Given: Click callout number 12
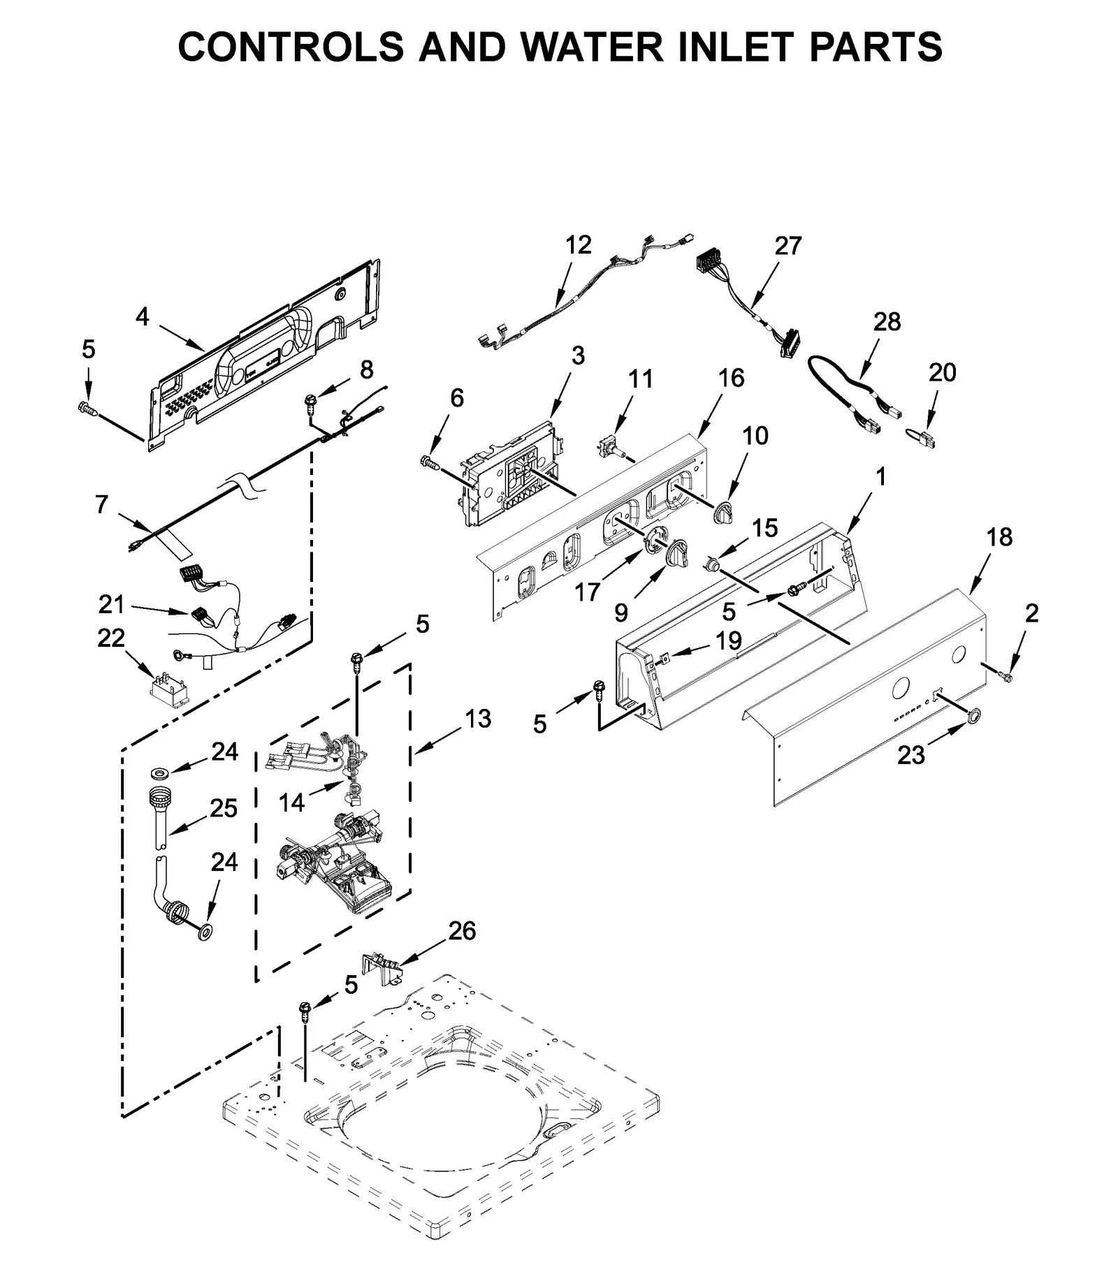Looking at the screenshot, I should coord(578,244).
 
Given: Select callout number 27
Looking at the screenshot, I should coord(788,246).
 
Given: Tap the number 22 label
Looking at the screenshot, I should coord(111,638).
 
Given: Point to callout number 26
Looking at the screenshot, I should coord(462,930).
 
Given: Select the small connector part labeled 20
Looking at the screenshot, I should coord(923,438).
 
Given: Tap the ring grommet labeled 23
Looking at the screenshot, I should coord(972,715).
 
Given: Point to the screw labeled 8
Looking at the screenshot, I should coord(310,401).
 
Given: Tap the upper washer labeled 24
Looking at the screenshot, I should coord(160,773).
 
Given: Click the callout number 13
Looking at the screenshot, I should coord(478,718).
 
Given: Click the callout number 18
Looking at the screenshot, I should coord(1000,537).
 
